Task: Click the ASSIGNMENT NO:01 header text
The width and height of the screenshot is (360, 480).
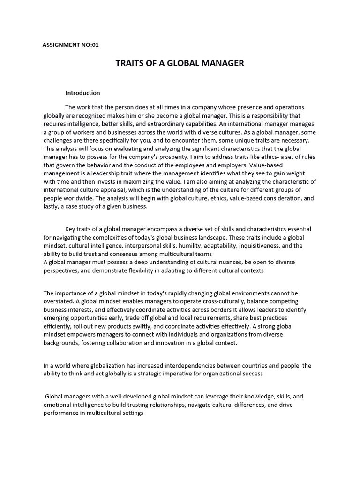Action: (71, 45)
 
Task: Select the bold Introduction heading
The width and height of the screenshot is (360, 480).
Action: (82, 93)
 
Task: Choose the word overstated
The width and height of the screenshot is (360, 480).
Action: (59, 301)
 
